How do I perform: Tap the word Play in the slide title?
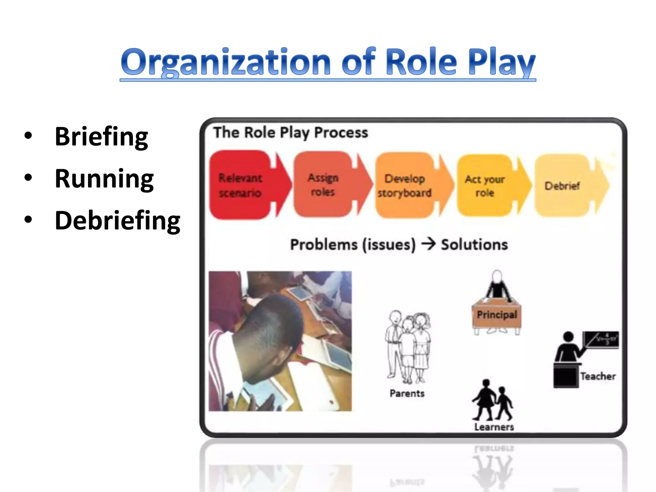click(501, 62)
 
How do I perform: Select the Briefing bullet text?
click(101, 137)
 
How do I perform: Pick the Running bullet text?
click(104, 179)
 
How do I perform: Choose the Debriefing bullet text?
click(118, 221)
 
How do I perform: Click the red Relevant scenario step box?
click(240, 185)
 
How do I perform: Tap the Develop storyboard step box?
click(405, 185)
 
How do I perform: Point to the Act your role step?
click(485, 185)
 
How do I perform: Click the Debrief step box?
click(562, 185)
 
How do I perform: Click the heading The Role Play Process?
click(291, 133)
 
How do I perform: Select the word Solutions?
click(474, 245)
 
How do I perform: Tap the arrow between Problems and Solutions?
click(428, 244)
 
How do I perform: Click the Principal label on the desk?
click(497, 315)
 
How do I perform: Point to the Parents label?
click(407, 393)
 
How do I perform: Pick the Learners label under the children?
click(494, 427)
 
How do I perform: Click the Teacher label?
click(598, 376)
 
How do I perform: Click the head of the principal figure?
click(497, 276)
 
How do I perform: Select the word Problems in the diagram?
click(324, 245)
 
